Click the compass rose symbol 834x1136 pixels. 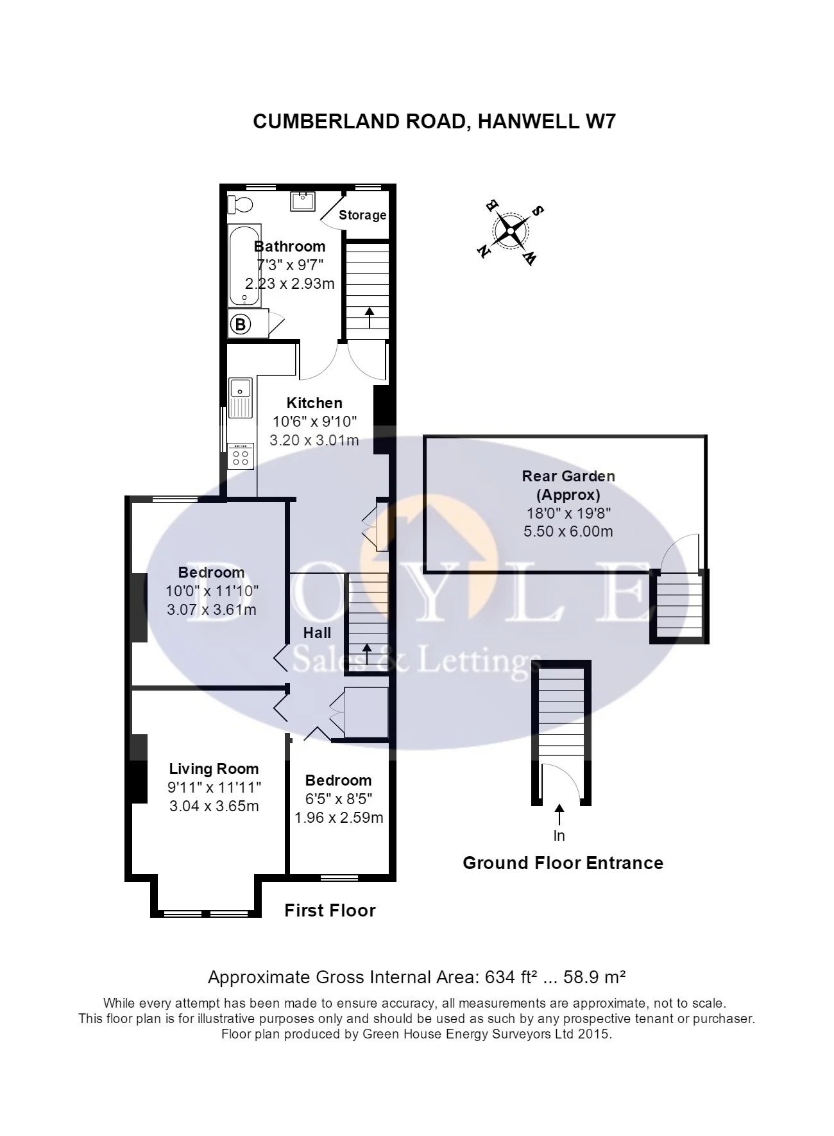pyautogui.click(x=511, y=230)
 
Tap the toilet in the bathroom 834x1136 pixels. pyautogui.click(x=241, y=204)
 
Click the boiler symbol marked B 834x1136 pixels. pyautogui.click(x=241, y=324)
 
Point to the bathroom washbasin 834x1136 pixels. pyautogui.click(x=302, y=201)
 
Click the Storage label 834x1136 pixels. pyautogui.click(x=362, y=215)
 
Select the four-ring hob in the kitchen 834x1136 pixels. pyautogui.click(x=241, y=456)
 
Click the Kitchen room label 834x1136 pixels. pyautogui.click(x=314, y=403)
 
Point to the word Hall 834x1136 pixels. pyautogui.click(x=317, y=633)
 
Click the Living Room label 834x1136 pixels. pyautogui.click(x=214, y=769)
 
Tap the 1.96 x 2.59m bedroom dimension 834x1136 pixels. pyautogui.click(x=339, y=818)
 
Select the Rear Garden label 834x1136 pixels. pyautogui.click(x=568, y=476)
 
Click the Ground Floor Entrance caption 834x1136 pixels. pyautogui.click(x=563, y=863)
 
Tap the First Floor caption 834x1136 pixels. pyautogui.click(x=330, y=910)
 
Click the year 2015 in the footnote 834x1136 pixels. pyautogui.click(x=596, y=1034)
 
